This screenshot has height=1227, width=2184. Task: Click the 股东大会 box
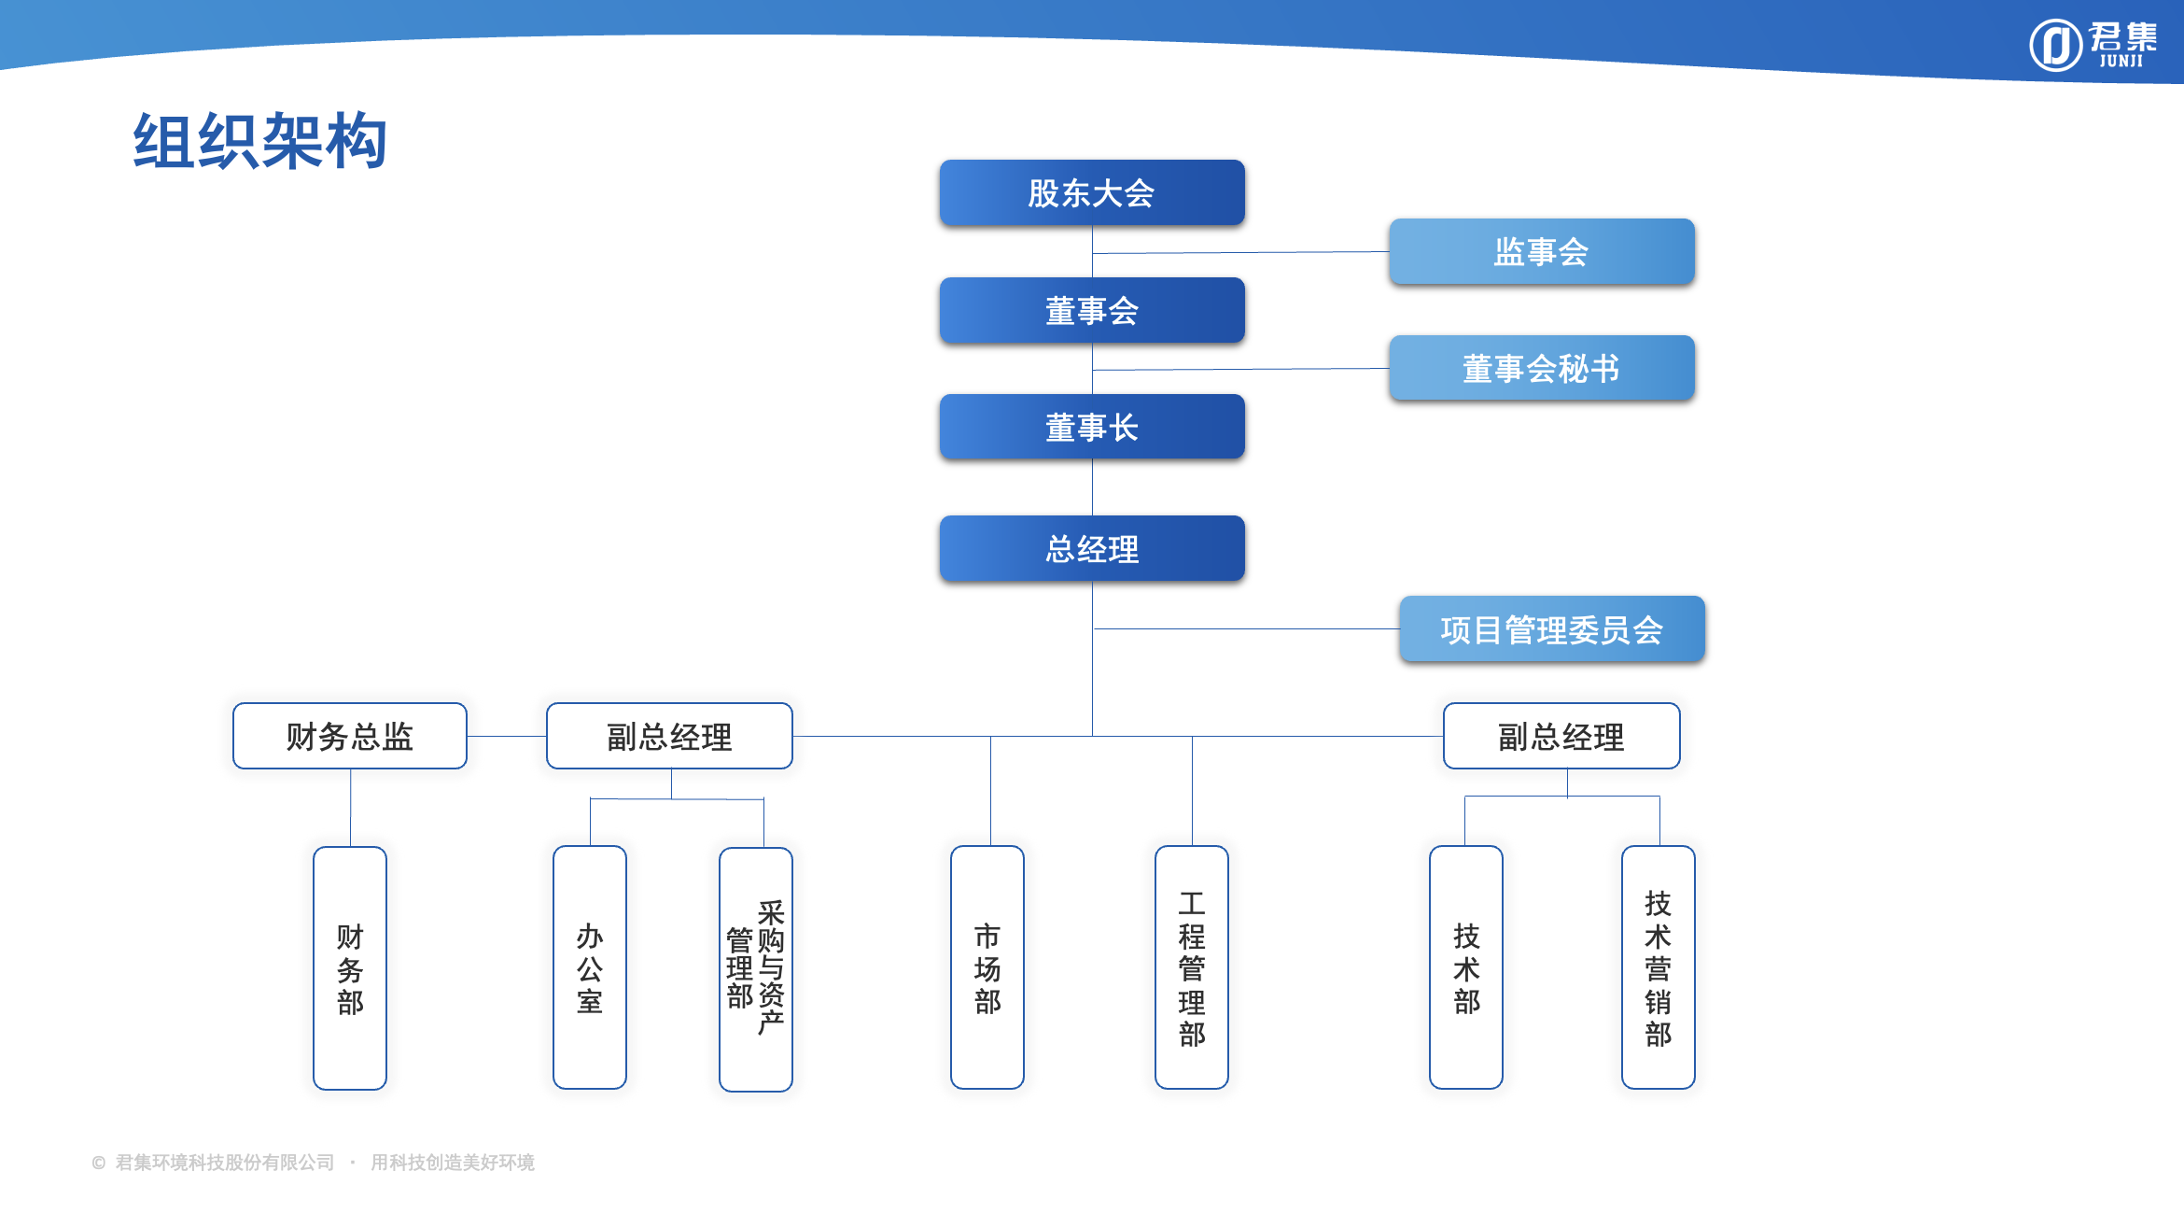[x=1092, y=193]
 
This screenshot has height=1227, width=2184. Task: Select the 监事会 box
[x=1541, y=252]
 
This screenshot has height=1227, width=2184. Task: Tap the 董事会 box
[x=1092, y=310]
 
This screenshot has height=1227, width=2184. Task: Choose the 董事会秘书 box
[x=1541, y=369]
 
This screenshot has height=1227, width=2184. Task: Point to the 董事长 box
[x=1092, y=427]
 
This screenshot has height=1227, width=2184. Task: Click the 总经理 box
[x=1092, y=548]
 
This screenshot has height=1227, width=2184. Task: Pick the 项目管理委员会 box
[x=1551, y=629]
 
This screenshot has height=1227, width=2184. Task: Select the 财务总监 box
[x=350, y=736]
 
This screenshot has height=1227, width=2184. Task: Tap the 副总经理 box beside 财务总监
[x=669, y=736]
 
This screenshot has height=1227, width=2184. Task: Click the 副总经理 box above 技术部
[x=1561, y=736]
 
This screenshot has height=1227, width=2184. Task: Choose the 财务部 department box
[x=350, y=967]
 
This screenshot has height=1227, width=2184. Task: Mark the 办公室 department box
[x=590, y=967]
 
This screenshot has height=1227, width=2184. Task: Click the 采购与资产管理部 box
[x=756, y=969]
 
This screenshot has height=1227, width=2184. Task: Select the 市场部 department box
[x=987, y=967]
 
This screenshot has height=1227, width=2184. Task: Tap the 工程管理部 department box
[x=1192, y=967]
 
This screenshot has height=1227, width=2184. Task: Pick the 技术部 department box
[x=1466, y=967]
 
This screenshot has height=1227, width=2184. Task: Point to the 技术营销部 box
[x=1659, y=967]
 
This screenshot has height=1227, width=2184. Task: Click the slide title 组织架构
[x=260, y=141]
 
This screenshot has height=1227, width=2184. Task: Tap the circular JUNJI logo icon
[x=2055, y=45]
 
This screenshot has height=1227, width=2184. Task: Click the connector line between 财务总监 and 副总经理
[x=507, y=736]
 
